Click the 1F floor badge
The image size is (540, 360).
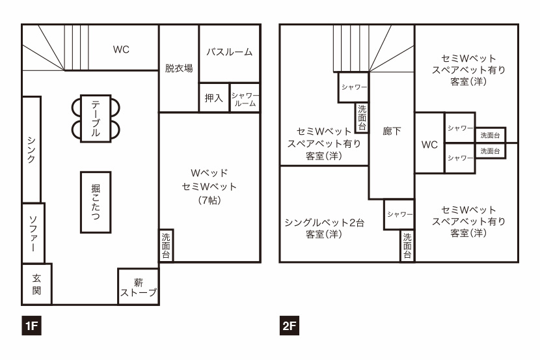tap(31, 325)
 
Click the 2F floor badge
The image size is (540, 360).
tap(290, 325)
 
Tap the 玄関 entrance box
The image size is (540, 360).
tap(37, 284)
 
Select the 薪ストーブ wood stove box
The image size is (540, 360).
tap(139, 286)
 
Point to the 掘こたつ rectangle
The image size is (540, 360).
tap(96, 202)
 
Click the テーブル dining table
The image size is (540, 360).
tap(96, 118)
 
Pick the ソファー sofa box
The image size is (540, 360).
tap(33, 233)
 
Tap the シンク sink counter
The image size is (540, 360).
tap(31, 150)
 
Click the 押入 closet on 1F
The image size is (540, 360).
tap(214, 98)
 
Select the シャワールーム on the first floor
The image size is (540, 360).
tap(245, 98)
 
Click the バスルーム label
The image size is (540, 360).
tap(230, 52)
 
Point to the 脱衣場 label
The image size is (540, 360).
tap(179, 68)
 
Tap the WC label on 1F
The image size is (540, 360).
tap(121, 49)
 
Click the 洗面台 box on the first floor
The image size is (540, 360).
tap(166, 245)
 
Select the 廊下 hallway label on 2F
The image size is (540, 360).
tap(392, 131)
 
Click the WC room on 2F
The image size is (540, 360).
tap(429, 143)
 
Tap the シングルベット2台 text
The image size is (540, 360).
tap(324, 223)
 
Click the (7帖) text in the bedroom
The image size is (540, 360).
tap(209, 200)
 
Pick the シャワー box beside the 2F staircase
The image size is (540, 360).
tap(354, 87)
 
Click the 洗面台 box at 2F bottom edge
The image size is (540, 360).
tap(407, 245)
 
